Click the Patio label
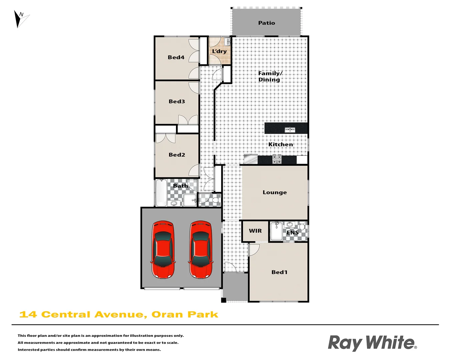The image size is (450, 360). click(x=267, y=23)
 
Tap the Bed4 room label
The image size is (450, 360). click(x=176, y=57)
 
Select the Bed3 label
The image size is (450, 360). click(x=177, y=101)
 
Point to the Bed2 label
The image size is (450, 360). click(x=177, y=155)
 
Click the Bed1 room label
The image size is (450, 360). click(x=279, y=272)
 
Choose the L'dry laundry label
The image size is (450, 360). click(x=219, y=51)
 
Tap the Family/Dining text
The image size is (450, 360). click(x=270, y=76)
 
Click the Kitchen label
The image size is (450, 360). click(x=281, y=144)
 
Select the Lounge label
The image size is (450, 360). click(x=275, y=192)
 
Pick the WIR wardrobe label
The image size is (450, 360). click(x=255, y=231)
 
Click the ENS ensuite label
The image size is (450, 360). click(x=292, y=232)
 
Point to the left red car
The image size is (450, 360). click(x=163, y=249)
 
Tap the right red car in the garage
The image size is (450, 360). click(x=201, y=249)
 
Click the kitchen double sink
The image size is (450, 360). click(x=290, y=130)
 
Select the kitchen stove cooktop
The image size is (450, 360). click(x=277, y=159)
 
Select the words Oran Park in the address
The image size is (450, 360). click(x=185, y=315)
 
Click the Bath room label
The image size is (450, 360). click(x=180, y=186)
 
